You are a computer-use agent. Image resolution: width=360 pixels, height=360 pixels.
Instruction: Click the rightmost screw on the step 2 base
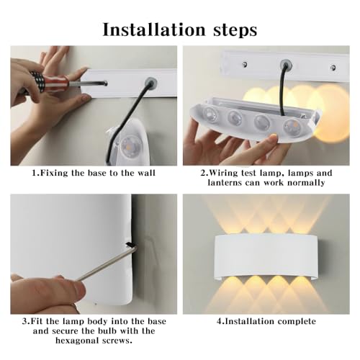333,68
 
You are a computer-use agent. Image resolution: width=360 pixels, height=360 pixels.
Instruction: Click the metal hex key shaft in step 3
101,265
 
